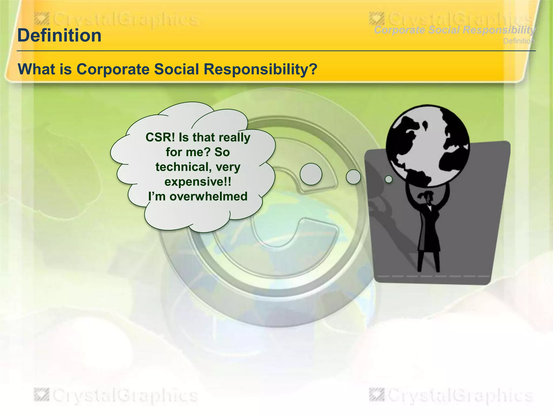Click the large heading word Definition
coord(59,36)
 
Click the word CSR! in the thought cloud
coord(160,137)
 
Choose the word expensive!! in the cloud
coord(198,182)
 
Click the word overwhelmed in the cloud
coord(208,196)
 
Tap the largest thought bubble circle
coord(311,174)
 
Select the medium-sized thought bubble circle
coord(353,177)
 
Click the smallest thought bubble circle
coord(389,179)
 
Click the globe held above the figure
coord(428,146)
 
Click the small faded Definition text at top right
coord(519,41)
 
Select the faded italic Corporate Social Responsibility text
coord(454,30)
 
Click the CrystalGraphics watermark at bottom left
coord(116,396)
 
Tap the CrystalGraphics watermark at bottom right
coord(451,396)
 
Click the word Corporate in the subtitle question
coord(113,69)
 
